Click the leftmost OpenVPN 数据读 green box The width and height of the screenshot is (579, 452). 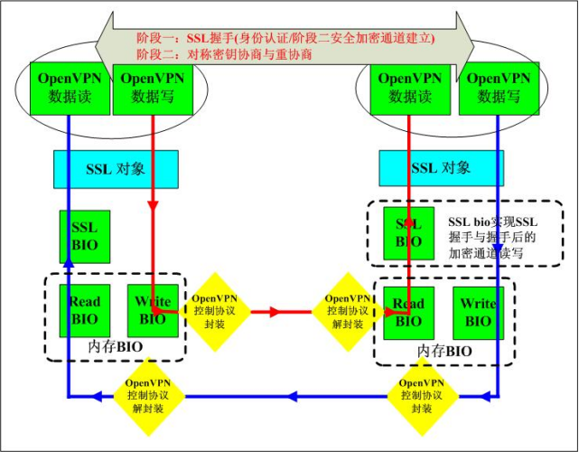[67, 89]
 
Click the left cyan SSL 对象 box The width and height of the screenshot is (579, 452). [114, 169]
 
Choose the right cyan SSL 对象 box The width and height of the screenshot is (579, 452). [441, 169]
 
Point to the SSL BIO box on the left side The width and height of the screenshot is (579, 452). [85, 236]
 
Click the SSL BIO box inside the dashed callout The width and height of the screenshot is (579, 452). [408, 231]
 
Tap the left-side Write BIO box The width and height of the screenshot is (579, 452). [151, 310]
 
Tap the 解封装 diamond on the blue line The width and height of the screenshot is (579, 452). [148, 395]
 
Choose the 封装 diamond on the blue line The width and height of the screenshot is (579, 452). [422, 395]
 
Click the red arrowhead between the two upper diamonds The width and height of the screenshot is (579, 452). [271, 312]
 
